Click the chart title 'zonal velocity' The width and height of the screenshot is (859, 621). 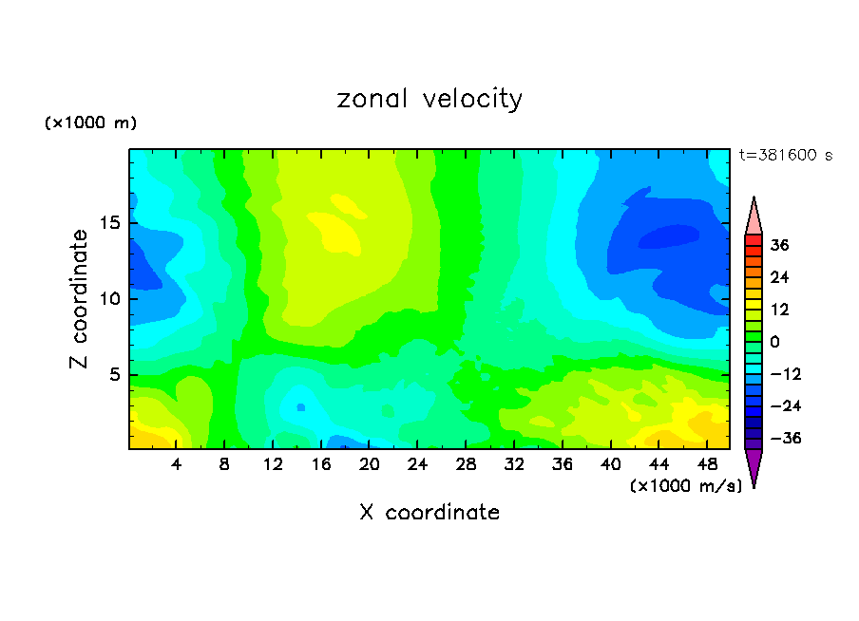tap(429, 99)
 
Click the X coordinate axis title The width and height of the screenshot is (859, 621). tap(429, 513)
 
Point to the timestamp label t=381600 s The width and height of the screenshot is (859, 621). tap(785, 156)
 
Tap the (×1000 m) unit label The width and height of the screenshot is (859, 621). tap(91, 123)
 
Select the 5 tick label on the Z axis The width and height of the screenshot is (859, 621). tap(113, 374)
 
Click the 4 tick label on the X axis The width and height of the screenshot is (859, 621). tap(177, 465)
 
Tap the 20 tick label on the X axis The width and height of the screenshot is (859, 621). tap(369, 465)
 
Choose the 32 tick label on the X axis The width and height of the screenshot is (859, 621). tap(513, 465)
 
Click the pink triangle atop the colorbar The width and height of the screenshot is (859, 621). tap(754, 216)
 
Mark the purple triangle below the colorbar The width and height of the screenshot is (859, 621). tap(754, 467)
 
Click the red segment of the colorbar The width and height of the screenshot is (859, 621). tap(754, 238)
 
